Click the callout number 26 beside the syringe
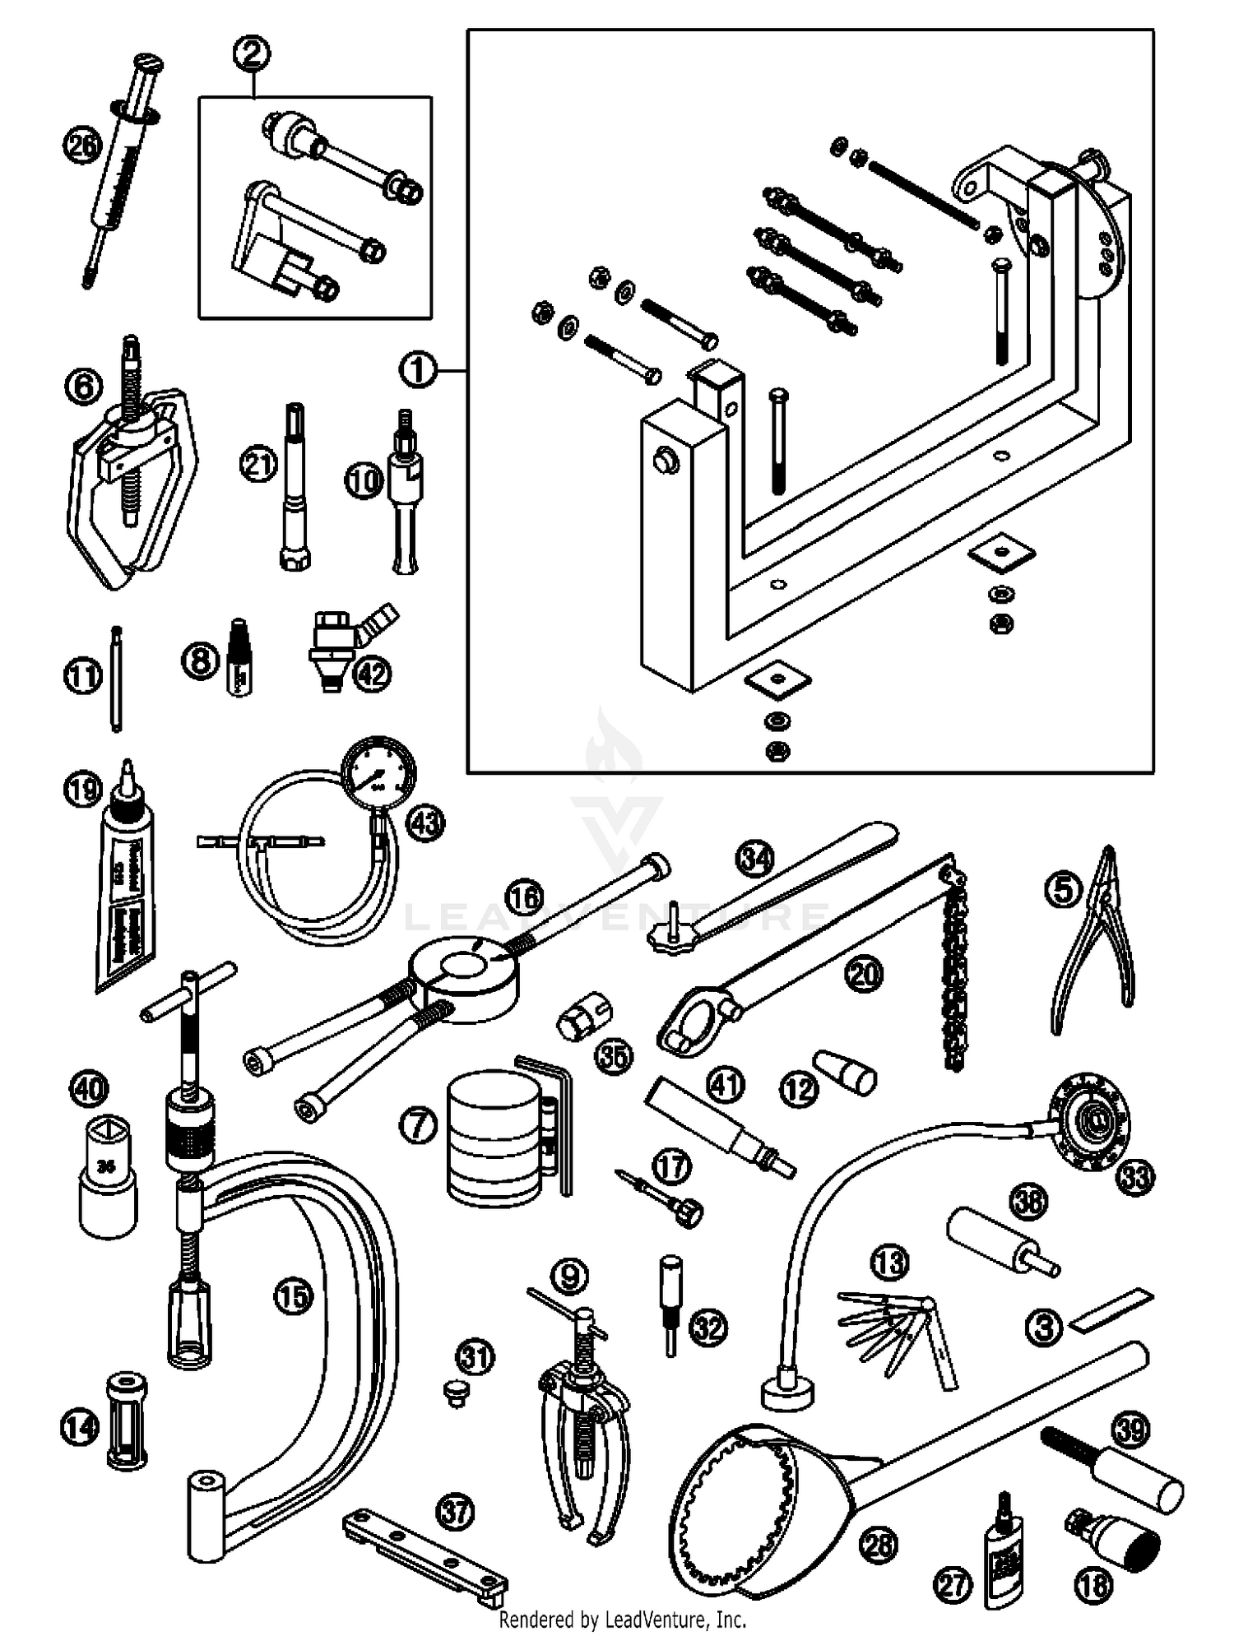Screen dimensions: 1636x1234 (x=82, y=146)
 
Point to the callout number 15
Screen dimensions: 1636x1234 (x=294, y=1297)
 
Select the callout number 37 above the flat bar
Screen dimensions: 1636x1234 (x=457, y=1511)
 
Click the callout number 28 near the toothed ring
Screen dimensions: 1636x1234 (x=878, y=1545)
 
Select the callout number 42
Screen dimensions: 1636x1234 (x=372, y=674)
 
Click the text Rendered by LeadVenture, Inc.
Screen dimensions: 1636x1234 (x=623, y=1619)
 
